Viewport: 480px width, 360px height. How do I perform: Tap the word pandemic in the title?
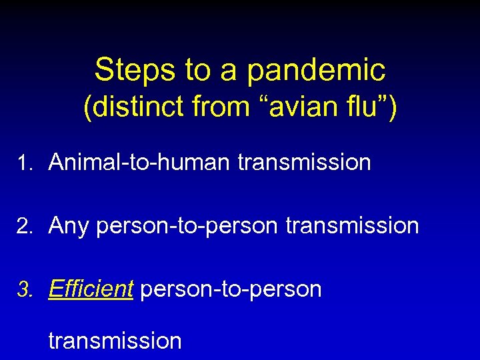tap(317, 71)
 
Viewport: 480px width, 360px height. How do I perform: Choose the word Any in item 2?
tap(69, 226)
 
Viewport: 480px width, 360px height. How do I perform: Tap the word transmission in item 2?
tap(352, 226)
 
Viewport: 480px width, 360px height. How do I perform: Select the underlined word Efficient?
tap(91, 289)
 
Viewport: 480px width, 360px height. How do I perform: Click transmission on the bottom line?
tap(115, 341)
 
